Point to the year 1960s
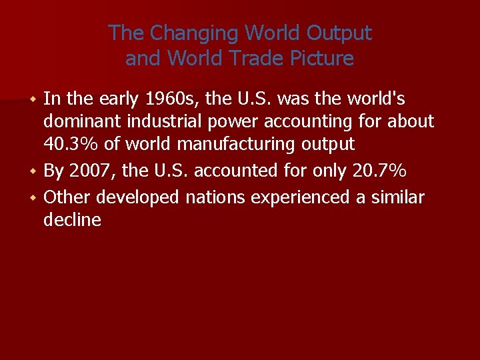click(172, 99)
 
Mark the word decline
click(72, 219)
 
